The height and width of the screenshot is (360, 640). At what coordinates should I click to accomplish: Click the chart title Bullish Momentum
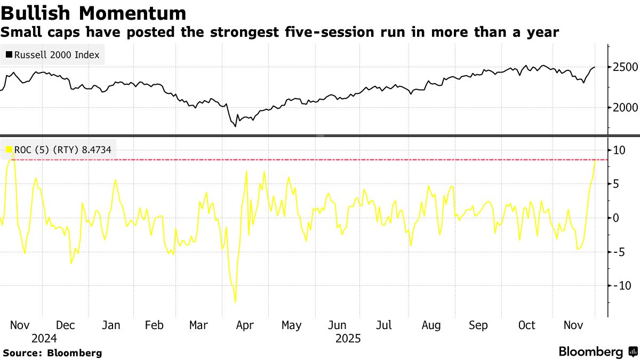tap(94, 12)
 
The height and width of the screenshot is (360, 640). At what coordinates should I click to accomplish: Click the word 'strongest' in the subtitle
tap(219, 33)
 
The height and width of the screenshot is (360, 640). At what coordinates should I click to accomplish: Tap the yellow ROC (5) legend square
tap(9, 150)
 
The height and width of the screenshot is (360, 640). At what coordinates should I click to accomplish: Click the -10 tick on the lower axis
tap(621, 286)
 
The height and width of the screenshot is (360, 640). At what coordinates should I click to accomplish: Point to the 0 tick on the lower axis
tap(615, 218)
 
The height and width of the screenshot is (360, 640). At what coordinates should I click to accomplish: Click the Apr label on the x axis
tap(245, 325)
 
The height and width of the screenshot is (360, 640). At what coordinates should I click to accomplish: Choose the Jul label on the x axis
tap(384, 325)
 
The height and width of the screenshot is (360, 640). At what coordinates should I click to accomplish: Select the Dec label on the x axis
tap(66, 325)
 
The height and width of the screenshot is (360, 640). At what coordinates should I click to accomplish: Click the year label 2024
tap(44, 339)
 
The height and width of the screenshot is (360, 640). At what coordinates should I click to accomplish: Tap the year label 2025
tap(348, 339)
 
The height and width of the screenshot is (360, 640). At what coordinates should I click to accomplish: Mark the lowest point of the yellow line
tap(235, 302)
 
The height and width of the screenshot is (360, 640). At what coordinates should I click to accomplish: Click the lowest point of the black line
tap(235, 126)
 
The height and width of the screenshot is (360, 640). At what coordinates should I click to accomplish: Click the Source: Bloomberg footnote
tap(52, 353)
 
